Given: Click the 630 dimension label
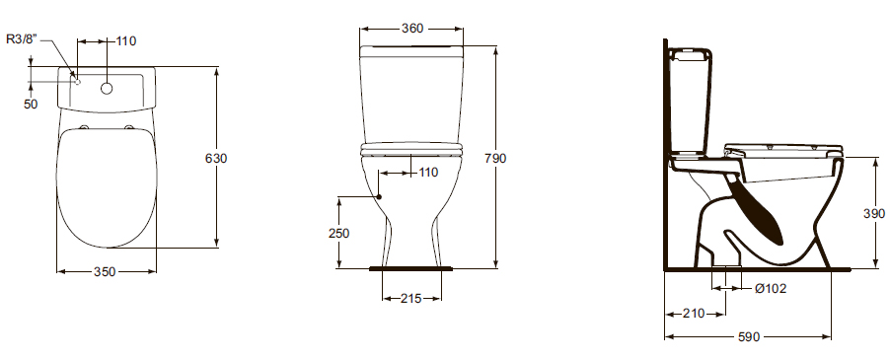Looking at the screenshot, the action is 216,158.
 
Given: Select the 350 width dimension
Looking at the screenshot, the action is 105,272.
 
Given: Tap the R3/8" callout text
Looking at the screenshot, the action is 22,39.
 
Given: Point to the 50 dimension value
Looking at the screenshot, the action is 31,105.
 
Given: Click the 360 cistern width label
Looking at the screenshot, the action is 412,28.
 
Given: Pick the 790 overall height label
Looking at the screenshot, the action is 495,158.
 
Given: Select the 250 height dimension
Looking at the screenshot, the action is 338,233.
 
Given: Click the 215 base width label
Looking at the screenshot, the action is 410,298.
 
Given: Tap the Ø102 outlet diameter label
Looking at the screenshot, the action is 771,289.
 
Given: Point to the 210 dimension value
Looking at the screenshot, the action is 693,313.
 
